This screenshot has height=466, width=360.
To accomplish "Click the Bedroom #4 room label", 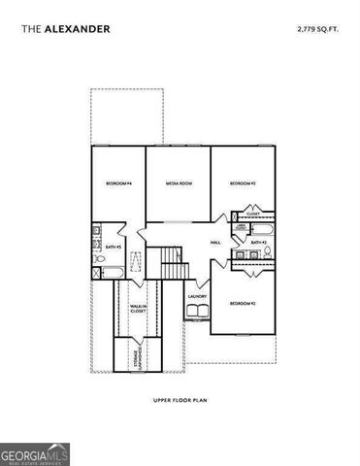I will pyautogui.click(x=118, y=183).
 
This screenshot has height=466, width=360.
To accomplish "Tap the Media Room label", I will pyautogui.click(x=179, y=183).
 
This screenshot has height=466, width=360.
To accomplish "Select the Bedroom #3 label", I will pyautogui.click(x=242, y=183).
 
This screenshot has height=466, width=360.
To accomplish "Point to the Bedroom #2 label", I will pyautogui.click(x=242, y=304).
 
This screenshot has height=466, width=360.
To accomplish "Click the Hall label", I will pyautogui.click(x=216, y=243).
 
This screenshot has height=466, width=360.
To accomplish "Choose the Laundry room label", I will pyautogui.click(x=198, y=296).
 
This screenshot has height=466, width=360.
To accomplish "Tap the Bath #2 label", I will pyautogui.click(x=258, y=241).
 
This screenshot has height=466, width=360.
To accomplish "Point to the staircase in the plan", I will pyautogui.click(x=171, y=263).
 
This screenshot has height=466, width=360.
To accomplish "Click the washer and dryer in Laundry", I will pyautogui.click(x=197, y=310).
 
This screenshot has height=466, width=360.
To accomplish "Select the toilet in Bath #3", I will pyautogui.click(x=100, y=260).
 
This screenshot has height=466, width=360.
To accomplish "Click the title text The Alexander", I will pyautogui.click(x=65, y=30).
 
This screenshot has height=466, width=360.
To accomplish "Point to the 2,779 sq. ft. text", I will pyautogui.click(x=318, y=30).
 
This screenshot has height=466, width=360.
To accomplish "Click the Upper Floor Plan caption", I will pyautogui.click(x=180, y=399).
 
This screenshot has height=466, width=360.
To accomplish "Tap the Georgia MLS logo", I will pyautogui.click(x=35, y=453).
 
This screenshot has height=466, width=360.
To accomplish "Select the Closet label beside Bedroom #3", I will pyautogui.click(x=252, y=213).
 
